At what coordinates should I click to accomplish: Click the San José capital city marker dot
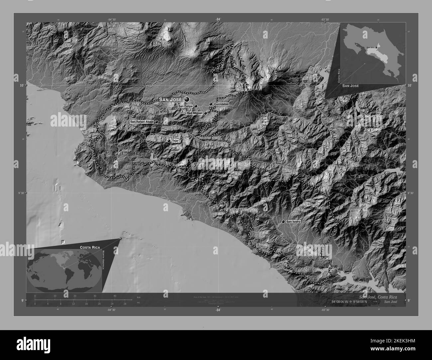point(187,99)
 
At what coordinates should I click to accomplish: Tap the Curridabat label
point(222,104)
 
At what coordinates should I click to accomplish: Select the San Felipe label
point(185,106)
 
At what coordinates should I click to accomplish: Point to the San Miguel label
point(194,113)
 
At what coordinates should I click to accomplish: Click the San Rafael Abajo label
point(142,122)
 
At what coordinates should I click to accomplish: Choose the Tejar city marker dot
point(169,141)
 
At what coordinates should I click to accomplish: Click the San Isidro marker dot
point(283,222)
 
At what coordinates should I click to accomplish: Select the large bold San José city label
point(170,99)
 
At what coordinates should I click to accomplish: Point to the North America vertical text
point(104,270)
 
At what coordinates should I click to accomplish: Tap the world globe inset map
point(64,271)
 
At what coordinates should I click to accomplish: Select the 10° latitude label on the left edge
point(22,85)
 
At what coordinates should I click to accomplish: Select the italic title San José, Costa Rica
point(382,297)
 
